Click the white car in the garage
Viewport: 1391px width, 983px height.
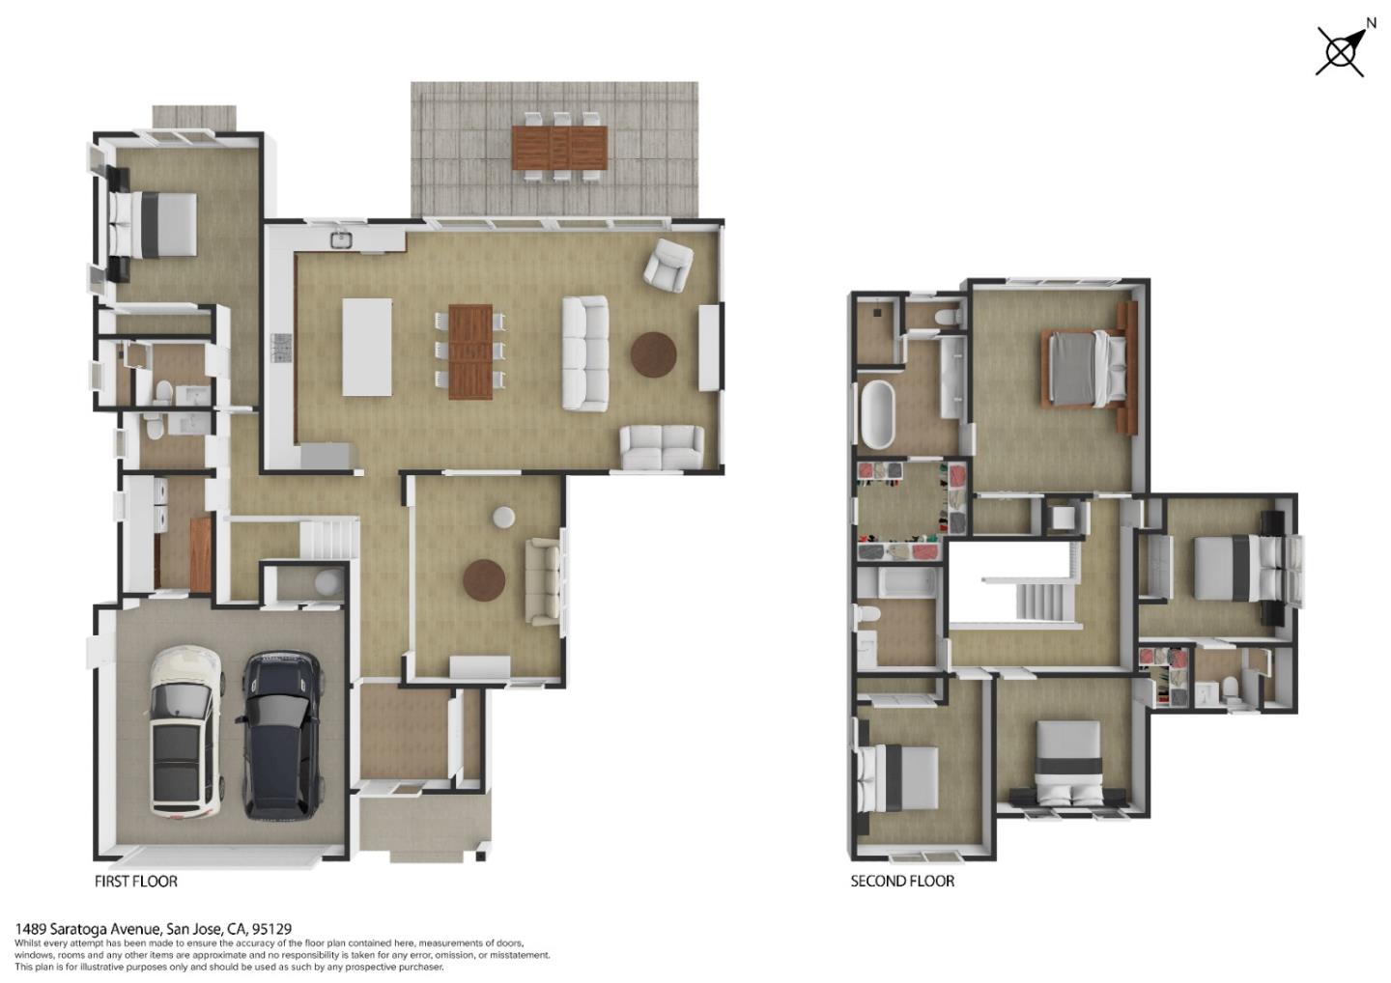coord(185,730)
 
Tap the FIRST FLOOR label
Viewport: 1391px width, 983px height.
coord(135,881)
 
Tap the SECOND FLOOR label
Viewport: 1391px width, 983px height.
coord(902,881)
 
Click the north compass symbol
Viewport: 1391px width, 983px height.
coord(1342,50)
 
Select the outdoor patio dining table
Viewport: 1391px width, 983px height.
coord(559,147)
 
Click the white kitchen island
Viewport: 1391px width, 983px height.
coord(367,347)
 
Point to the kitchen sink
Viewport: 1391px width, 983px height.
coord(340,239)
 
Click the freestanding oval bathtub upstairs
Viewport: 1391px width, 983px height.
coord(877,414)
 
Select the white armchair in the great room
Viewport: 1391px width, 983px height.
coord(668,265)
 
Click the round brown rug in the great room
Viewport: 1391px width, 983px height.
coord(654,354)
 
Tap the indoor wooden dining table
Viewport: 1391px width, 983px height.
coord(470,351)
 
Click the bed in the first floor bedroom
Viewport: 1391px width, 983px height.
coord(155,224)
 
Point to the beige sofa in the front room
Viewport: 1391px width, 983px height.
coord(543,581)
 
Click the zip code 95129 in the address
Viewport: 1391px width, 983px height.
coord(271,929)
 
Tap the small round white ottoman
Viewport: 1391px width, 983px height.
coord(503,518)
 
